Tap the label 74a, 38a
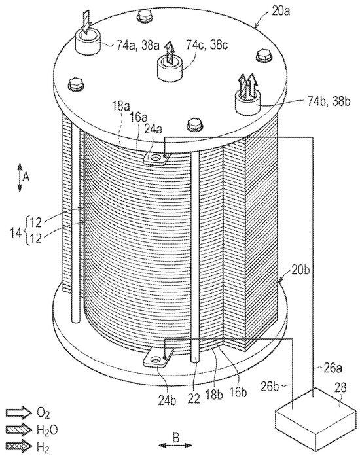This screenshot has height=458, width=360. click(137, 45)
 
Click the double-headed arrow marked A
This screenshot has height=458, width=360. click(20, 177)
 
